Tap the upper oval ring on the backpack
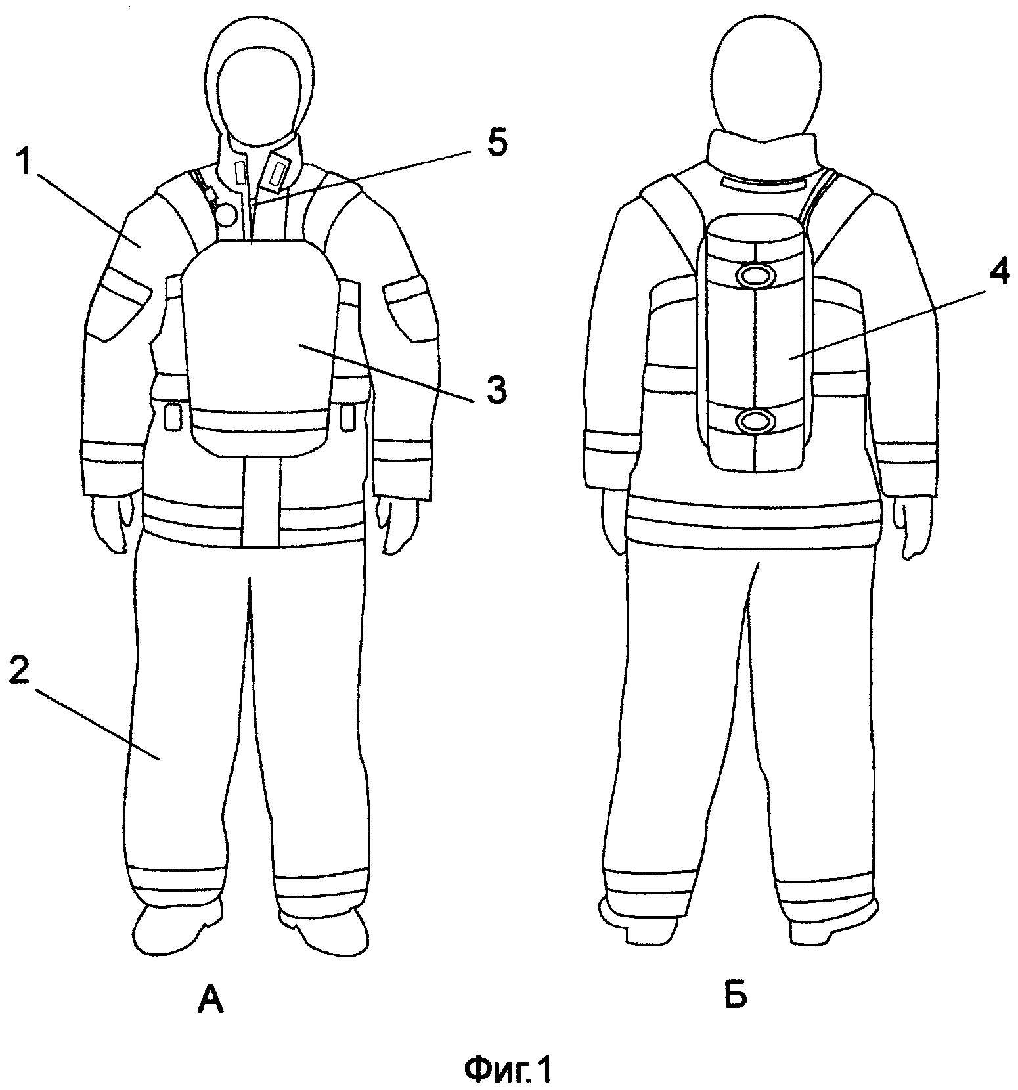pyautogui.click(x=756, y=276)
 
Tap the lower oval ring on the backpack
pyautogui.click(x=756, y=421)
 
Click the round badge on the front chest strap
pyautogui.click(x=227, y=213)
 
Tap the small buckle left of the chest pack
pyautogui.click(x=172, y=418)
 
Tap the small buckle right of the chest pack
pyautogui.click(x=348, y=414)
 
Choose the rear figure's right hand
pyautogui.click(x=912, y=529)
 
